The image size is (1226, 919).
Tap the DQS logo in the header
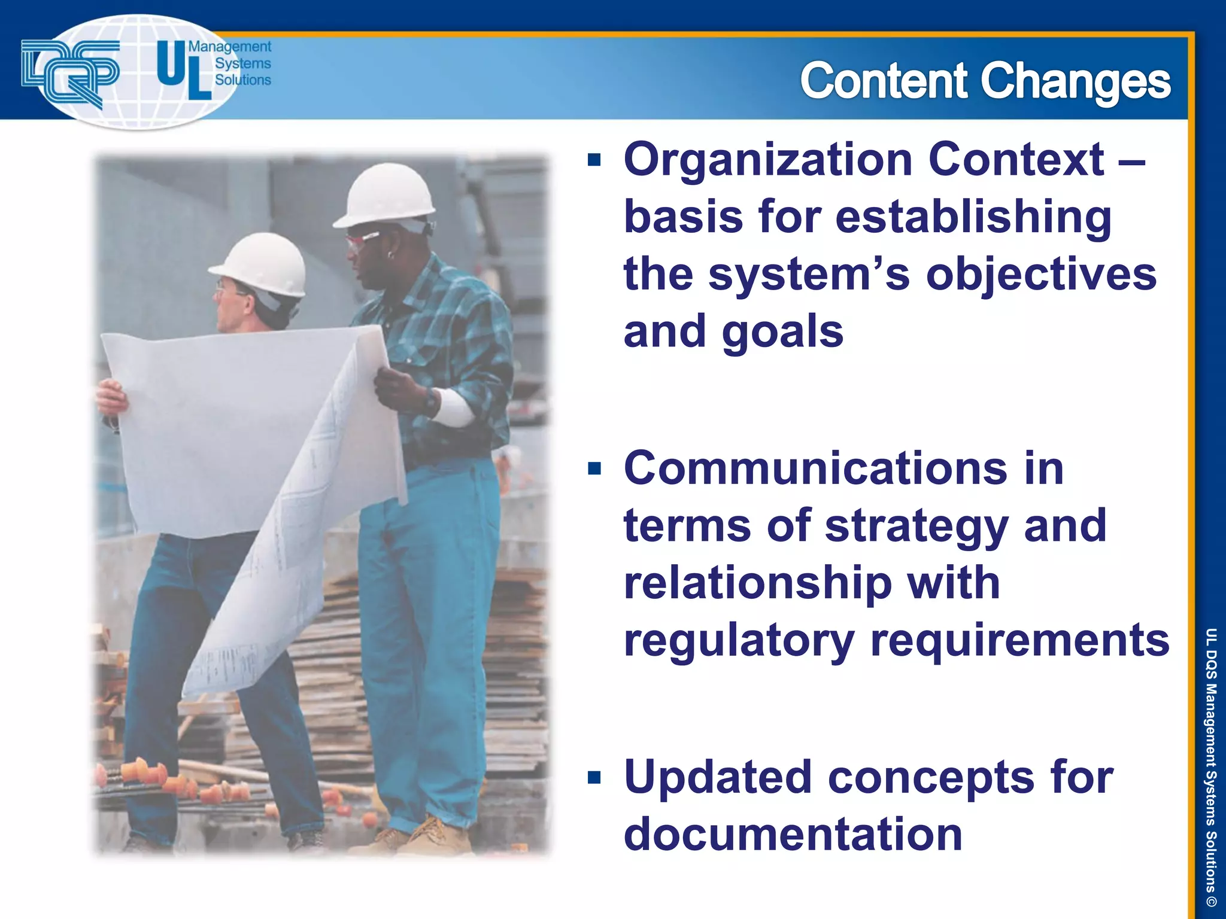70,72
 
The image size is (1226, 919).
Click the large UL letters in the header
183,71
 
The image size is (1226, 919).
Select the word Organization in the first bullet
767,160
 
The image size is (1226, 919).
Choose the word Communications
815,468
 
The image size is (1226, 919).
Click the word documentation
793,834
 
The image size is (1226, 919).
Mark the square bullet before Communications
594,468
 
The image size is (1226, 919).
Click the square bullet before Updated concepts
594,777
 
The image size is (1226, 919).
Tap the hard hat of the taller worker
386,195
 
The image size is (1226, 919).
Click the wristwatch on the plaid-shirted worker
430,401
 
